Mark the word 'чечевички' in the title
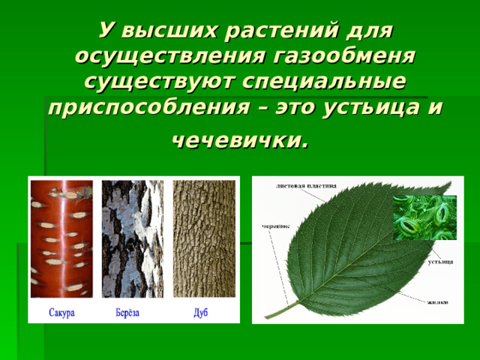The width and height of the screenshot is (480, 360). [238, 139]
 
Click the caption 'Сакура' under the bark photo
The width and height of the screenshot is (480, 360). [61, 312]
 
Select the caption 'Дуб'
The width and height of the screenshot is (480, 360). [200, 312]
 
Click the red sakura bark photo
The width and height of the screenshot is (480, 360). [61, 238]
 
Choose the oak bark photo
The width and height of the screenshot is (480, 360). [202, 238]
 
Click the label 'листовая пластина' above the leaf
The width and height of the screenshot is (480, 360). [306, 184]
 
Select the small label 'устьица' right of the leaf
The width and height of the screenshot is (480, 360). [440, 262]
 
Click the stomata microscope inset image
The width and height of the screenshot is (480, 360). [423, 217]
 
